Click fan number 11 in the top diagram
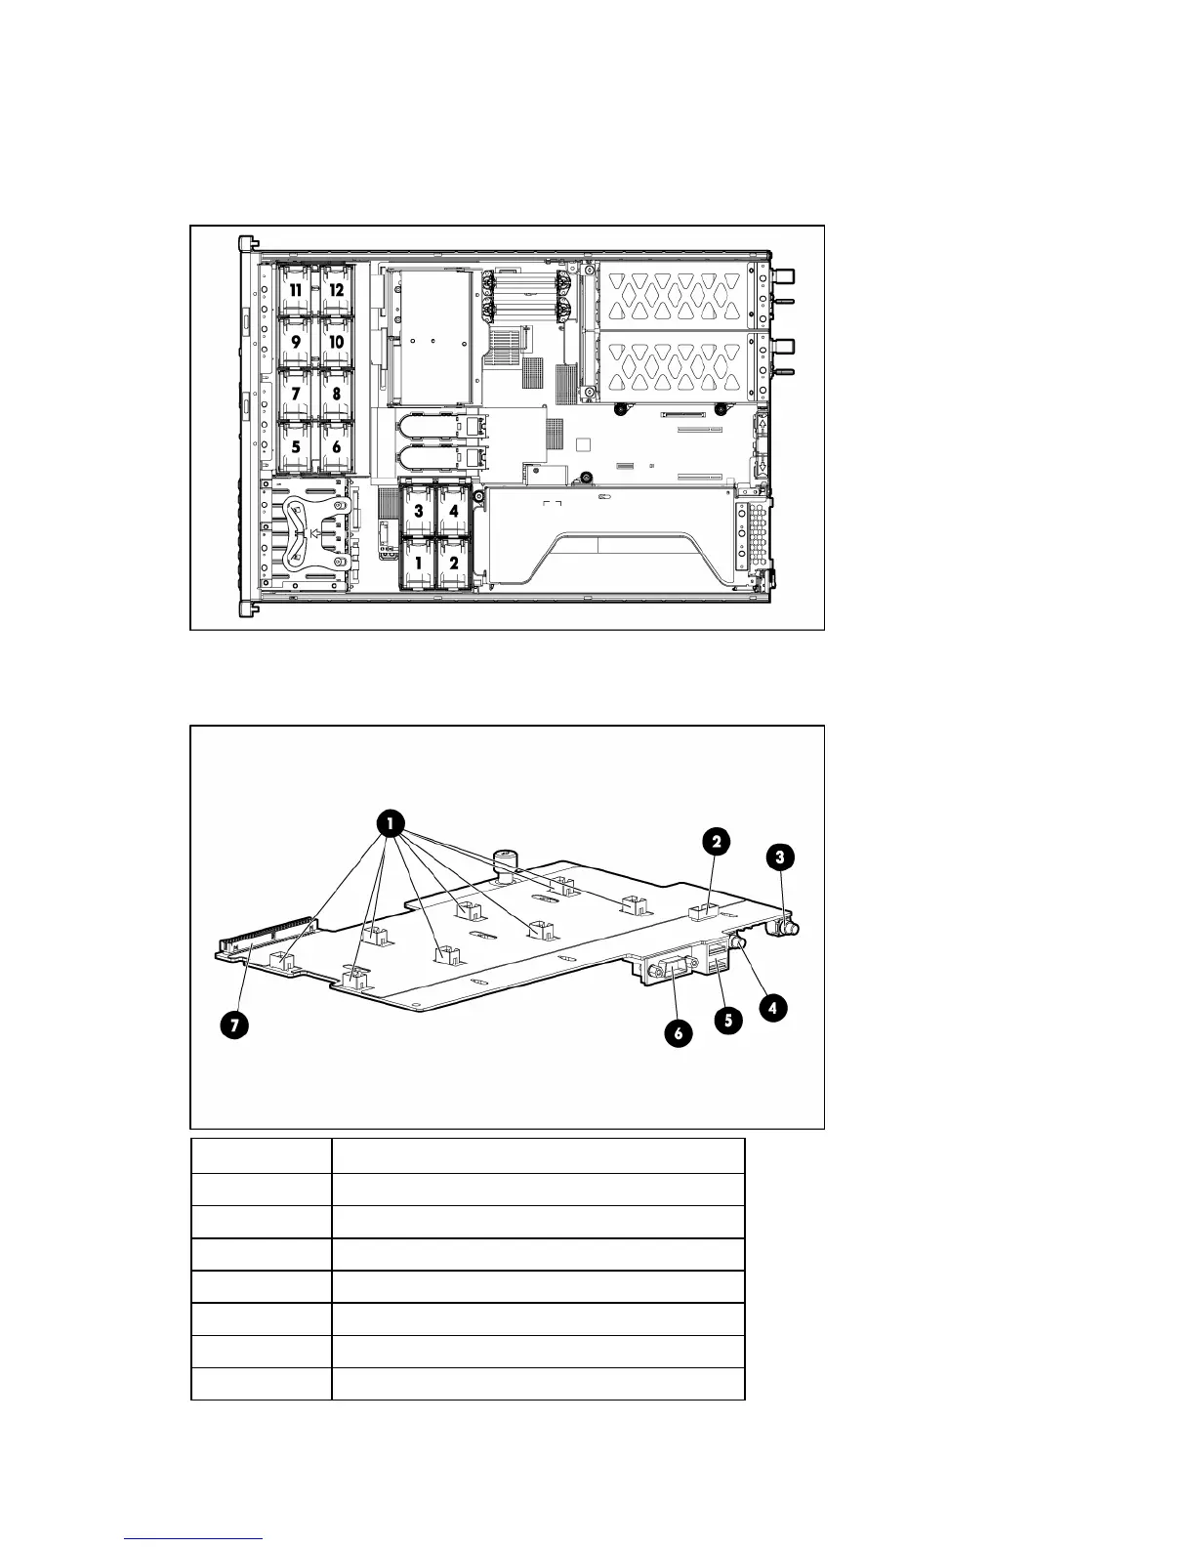click(x=295, y=290)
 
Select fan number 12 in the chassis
click(x=337, y=290)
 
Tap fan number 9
click(x=295, y=343)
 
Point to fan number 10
click(x=337, y=343)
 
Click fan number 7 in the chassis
click(x=295, y=395)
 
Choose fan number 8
click(x=337, y=395)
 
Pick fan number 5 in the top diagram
click(x=295, y=446)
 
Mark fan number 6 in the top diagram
click(x=337, y=446)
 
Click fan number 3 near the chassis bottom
click(x=419, y=511)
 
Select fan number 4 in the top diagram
click(x=454, y=511)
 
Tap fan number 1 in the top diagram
click(x=419, y=563)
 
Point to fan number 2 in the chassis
click(x=454, y=563)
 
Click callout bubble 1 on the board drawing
click(x=390, y=825)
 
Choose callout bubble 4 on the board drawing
click(x=773, y=1007)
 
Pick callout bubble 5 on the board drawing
click(x=726, y=1021)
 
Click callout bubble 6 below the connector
click(x=677, y=1033)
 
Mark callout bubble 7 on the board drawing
click(x=233, y=1024)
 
